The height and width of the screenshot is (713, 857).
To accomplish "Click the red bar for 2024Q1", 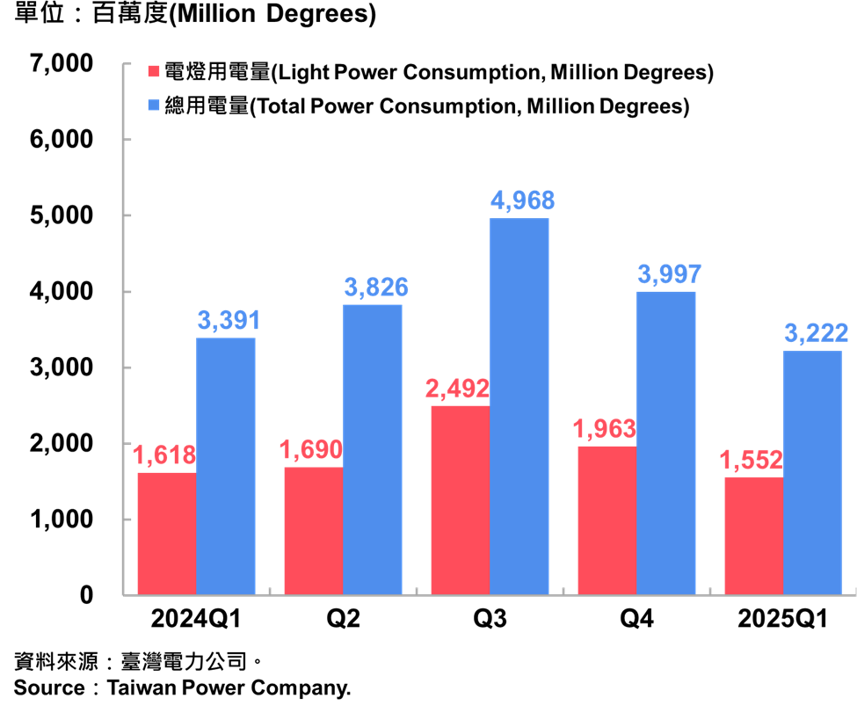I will [x=167, y=534].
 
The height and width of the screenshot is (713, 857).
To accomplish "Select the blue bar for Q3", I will [x=519, y=406].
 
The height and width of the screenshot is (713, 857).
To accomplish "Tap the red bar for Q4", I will [x=607, y=520].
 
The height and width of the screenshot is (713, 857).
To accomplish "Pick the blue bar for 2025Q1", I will [x=812, y=473].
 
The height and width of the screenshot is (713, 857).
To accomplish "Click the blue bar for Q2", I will [x=373, y=450].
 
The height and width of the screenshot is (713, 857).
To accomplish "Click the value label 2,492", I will [x=457, y=389].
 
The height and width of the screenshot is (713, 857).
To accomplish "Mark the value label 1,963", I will [x=605, y=429].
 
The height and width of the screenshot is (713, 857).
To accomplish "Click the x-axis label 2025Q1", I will [x=783, y=620].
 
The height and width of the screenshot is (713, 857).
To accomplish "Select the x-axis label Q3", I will [x=490, y=620].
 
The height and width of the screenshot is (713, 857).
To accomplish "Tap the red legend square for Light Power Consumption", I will [x=154, y=72].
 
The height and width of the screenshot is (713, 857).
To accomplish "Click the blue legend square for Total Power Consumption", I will [x=154, y=106].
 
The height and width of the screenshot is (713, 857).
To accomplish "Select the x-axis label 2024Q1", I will [x=196, y=620].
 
